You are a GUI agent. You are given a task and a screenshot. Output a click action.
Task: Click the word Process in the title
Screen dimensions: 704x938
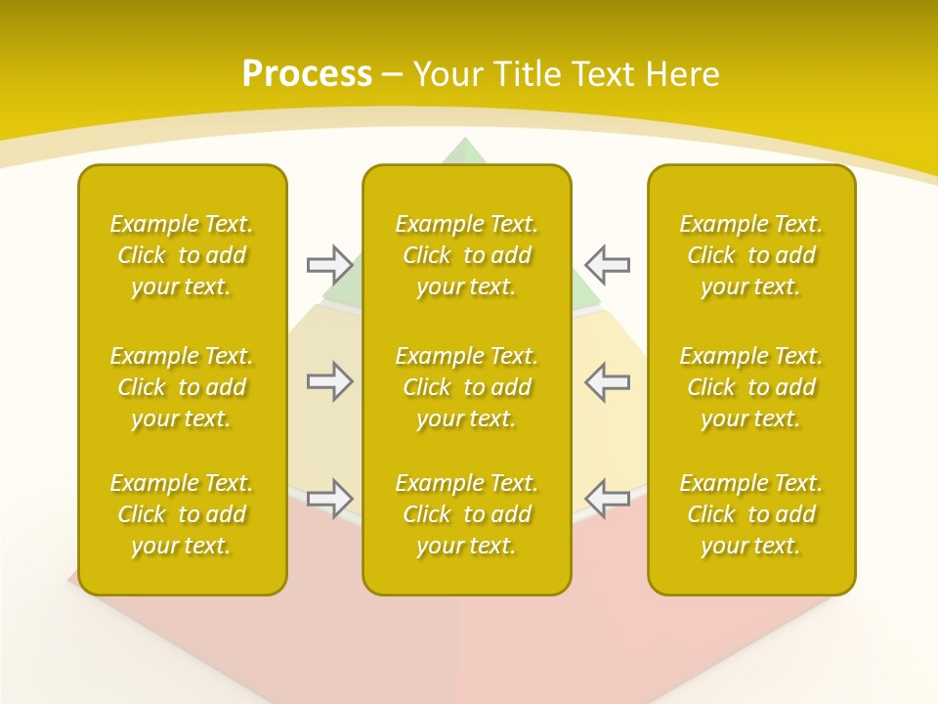tap(307, 74)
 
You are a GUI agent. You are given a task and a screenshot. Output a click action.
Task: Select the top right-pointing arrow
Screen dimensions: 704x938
tap(329, 264)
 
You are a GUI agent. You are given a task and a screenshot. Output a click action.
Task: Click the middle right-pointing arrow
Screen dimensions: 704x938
tap(329, 381)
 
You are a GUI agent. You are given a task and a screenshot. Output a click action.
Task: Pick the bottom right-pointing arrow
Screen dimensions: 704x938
tap(329, 499)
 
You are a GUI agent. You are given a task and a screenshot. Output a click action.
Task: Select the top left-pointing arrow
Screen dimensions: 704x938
tap(608, 264)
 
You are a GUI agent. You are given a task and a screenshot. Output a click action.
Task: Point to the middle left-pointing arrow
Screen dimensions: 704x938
tap(608, 381)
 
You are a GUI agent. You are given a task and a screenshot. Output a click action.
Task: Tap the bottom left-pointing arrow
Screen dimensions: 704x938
tap(608, 499)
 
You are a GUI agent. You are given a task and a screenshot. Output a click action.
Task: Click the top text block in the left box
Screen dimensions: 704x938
tap(182, 255)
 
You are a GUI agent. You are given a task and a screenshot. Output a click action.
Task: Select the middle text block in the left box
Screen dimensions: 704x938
tap(182, 387)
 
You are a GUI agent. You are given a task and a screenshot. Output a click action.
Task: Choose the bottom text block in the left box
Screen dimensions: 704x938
tap(182, 514)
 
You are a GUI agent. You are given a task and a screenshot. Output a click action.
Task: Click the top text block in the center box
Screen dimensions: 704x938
tap(467, 255)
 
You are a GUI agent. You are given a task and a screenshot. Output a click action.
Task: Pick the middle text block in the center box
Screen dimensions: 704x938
tap(467, 387)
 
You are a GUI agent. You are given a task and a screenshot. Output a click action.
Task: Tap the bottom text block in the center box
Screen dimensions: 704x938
tap(467, 514)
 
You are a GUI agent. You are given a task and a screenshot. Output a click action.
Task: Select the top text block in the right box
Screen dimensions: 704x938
tap(751, 255)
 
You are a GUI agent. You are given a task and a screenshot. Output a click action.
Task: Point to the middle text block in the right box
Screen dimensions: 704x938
tap(751, 387)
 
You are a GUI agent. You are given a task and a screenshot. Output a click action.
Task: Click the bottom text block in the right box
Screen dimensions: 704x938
tap(751, 514)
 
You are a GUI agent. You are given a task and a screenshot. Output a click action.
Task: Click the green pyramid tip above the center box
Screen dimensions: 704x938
tap(466, 153)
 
